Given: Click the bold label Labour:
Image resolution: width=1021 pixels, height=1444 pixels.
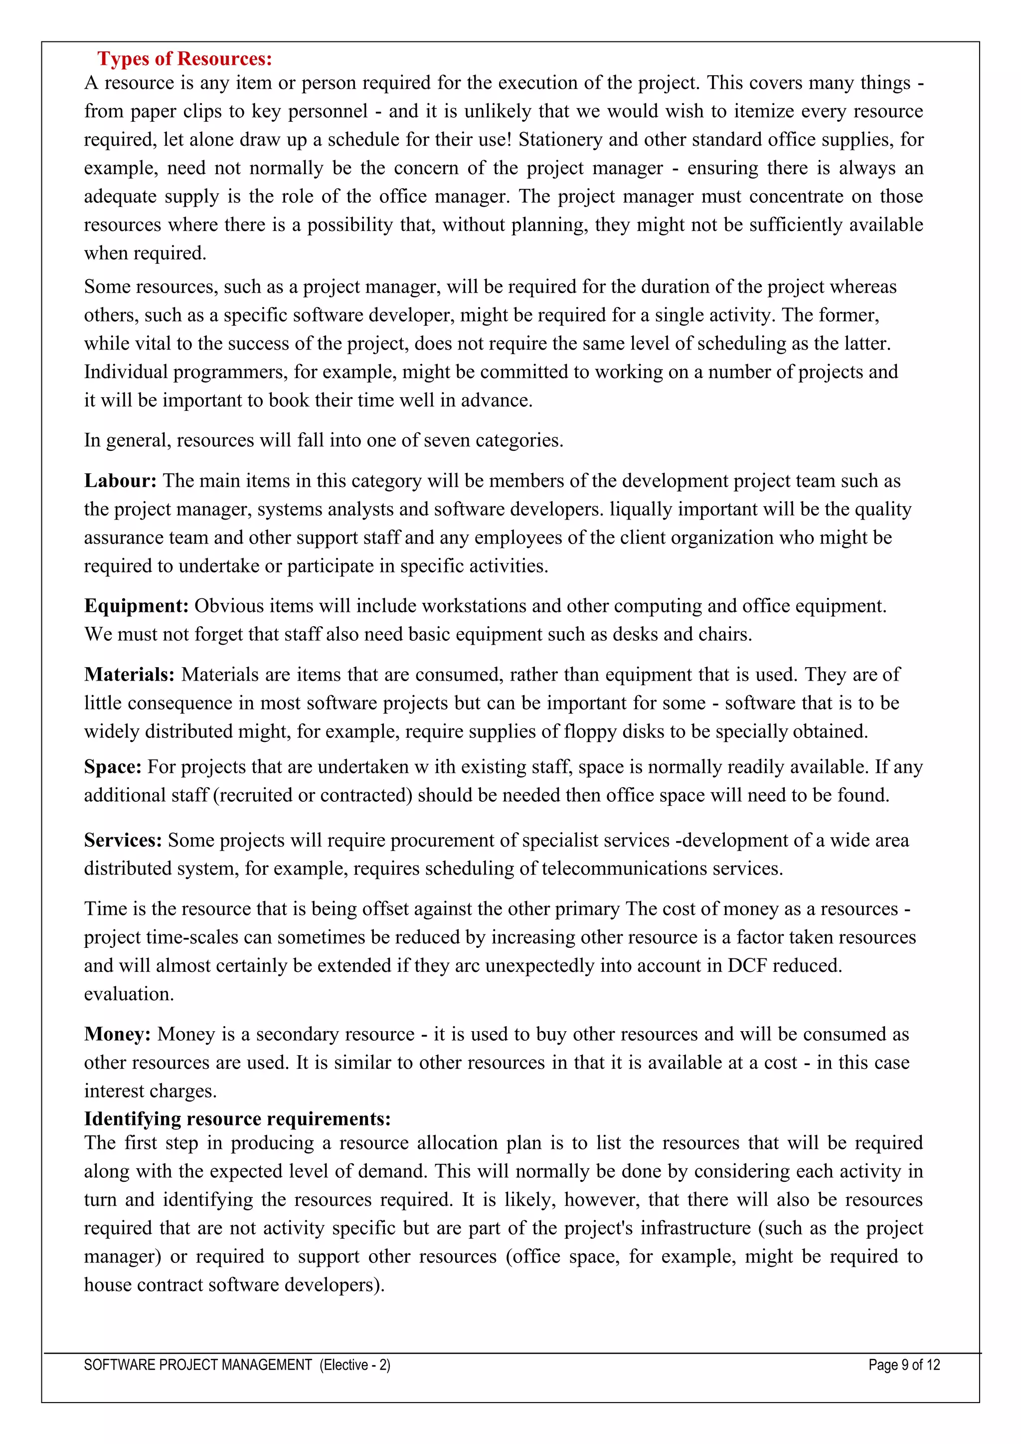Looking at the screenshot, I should point(120,481).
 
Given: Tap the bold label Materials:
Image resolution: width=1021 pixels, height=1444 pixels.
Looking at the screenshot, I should point(130,675).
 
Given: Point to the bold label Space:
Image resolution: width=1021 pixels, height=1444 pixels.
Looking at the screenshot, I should point(113,767).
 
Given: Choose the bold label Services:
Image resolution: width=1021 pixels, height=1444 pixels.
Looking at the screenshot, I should point(123,841).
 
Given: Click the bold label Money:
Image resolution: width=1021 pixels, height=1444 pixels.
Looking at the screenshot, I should point(118,1035).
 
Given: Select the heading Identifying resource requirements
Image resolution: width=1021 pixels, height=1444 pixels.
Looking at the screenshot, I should point(237,1119).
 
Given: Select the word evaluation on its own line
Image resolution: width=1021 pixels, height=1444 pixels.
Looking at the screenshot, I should point(129,994).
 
